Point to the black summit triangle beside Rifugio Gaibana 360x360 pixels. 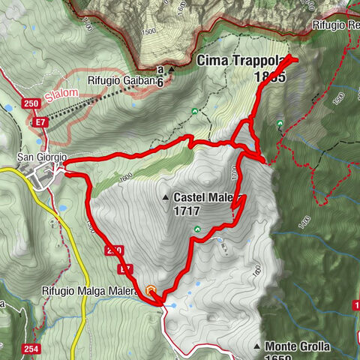171,70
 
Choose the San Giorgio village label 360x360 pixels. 42,157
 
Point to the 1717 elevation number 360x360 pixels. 186,211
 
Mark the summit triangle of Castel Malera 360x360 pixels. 165,198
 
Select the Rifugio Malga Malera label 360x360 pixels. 93,290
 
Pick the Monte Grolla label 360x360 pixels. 296,346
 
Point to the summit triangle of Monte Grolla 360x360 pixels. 256,346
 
